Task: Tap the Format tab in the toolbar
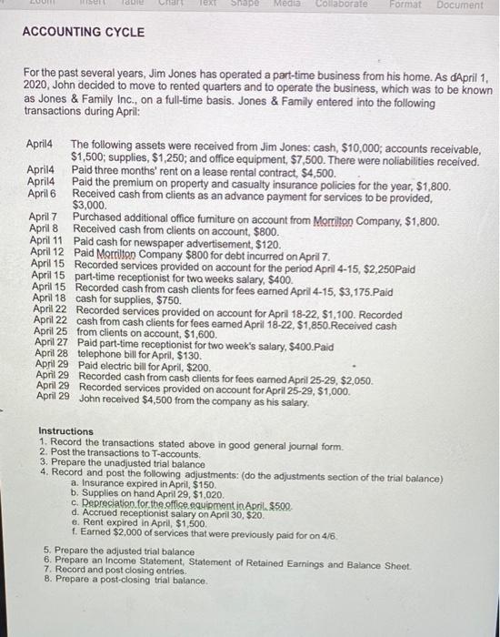[x=406, y=5]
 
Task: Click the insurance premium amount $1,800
[x=431, y=183]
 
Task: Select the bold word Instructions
[x=65, y=431]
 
